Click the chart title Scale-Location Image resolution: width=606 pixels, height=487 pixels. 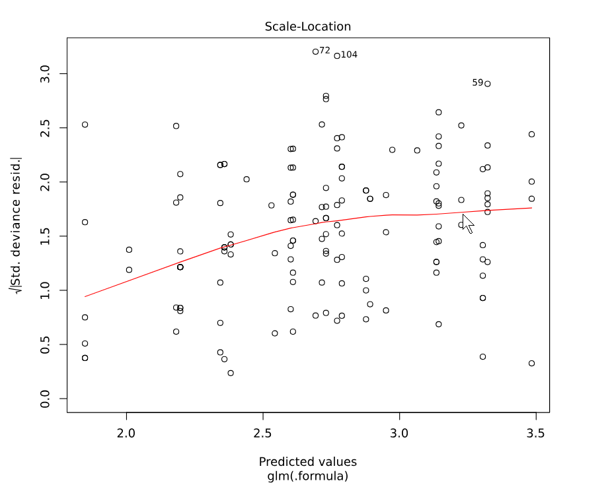(x=307, y=27)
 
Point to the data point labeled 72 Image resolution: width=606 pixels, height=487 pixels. (x=315, y=51)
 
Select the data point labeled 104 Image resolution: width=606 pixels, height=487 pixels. (x=337, y=55)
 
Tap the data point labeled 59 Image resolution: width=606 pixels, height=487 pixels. (x=487, y=84)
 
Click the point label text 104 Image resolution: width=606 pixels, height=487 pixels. (x=349, y=55)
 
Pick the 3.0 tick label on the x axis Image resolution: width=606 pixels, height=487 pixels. (x=399, y=434)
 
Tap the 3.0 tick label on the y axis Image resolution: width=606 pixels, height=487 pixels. (x=45, y=73)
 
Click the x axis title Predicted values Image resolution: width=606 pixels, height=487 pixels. (x=307, y=462)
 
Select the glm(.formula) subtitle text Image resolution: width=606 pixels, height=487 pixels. (x=307, y=475)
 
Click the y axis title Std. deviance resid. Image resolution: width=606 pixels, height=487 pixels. (x=15, y=224)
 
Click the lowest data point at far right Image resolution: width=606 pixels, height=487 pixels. (x=531, y=364)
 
